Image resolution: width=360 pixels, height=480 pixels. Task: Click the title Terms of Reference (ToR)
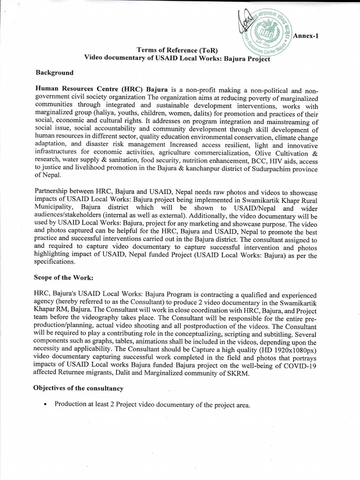(x=177, y=50)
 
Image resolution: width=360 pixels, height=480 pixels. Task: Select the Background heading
(x=55, y=73)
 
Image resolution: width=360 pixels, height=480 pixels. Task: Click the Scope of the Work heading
(x=63, y=277)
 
